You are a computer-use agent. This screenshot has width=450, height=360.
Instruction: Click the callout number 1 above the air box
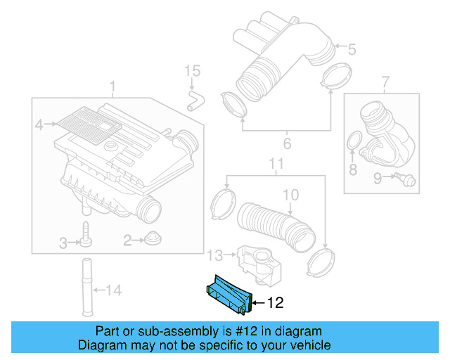pos(112,88)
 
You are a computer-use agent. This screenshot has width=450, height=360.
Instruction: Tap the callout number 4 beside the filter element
pos(40,125)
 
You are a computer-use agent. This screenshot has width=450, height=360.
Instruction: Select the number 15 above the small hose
pos(192,71)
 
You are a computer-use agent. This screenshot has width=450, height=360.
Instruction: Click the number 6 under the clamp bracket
pos(286,145)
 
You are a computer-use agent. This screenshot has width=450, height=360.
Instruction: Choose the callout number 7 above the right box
pos(385,84)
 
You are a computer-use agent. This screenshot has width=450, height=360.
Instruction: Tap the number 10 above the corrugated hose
pos(290,193)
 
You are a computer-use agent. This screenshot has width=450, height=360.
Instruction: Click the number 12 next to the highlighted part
pos(275,303)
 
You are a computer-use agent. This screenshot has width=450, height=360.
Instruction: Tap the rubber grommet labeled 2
pos(150,240)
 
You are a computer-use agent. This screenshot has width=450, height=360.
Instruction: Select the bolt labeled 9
pos(404,180)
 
